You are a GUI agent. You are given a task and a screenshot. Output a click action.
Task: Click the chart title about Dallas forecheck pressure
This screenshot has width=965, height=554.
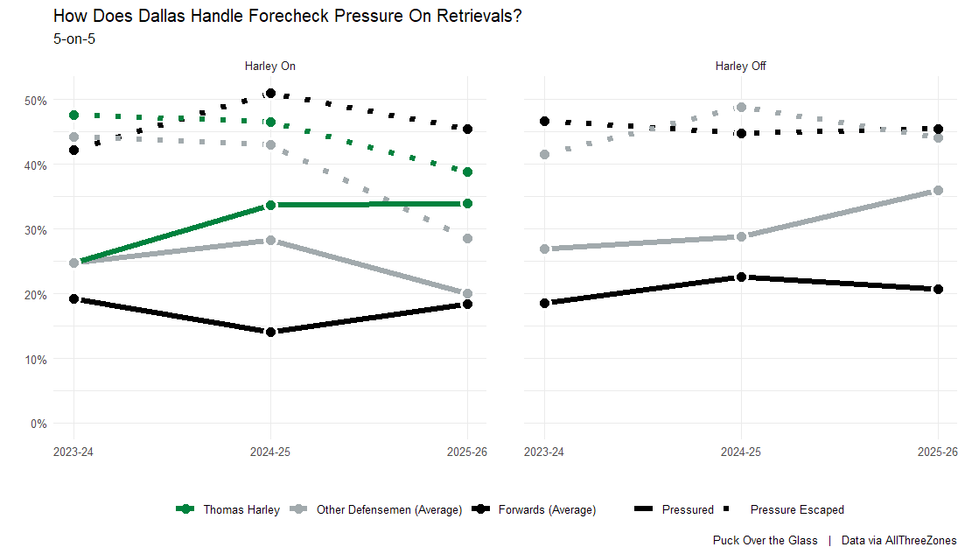pos(288,16)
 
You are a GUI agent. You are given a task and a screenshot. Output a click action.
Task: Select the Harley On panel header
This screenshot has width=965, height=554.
pos(269,66)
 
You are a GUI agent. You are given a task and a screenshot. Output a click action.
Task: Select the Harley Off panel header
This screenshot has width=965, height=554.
pos(740,66)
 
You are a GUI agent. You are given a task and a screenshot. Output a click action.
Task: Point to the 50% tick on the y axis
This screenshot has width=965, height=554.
pos(35,101)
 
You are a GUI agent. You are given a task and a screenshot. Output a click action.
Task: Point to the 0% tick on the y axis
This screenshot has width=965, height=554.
pos(38,424)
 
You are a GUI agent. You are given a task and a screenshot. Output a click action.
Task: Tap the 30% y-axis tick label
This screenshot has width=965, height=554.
pos(35,230)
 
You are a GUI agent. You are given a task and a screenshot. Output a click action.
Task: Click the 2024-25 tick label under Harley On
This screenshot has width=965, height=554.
pos(269,452)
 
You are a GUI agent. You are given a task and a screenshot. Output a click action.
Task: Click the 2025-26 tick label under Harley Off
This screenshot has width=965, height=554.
pos(938,452)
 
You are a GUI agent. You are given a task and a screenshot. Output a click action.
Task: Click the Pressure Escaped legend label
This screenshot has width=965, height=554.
pos(797,509)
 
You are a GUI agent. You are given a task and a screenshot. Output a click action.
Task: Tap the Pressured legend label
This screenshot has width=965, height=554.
pos(688,509)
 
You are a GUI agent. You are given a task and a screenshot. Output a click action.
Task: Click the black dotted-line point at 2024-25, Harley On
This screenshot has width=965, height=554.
pos(270,94)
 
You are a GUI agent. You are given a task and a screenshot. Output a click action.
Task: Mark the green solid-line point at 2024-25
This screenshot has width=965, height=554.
pos(270,205)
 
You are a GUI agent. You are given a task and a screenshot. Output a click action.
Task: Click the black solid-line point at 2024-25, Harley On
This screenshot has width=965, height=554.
pos(270,332)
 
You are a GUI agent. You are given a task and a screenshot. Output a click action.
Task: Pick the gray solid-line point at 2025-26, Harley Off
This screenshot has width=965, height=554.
pos(938,190)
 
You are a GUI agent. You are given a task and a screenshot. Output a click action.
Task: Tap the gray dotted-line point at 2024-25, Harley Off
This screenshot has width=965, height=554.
pos(741,108)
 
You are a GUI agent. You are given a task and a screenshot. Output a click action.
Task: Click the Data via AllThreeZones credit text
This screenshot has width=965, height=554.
pos(899,540)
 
